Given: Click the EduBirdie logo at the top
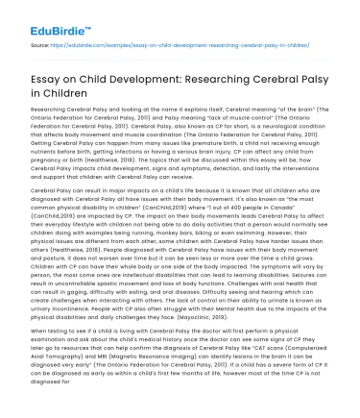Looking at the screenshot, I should click(39, 14).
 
